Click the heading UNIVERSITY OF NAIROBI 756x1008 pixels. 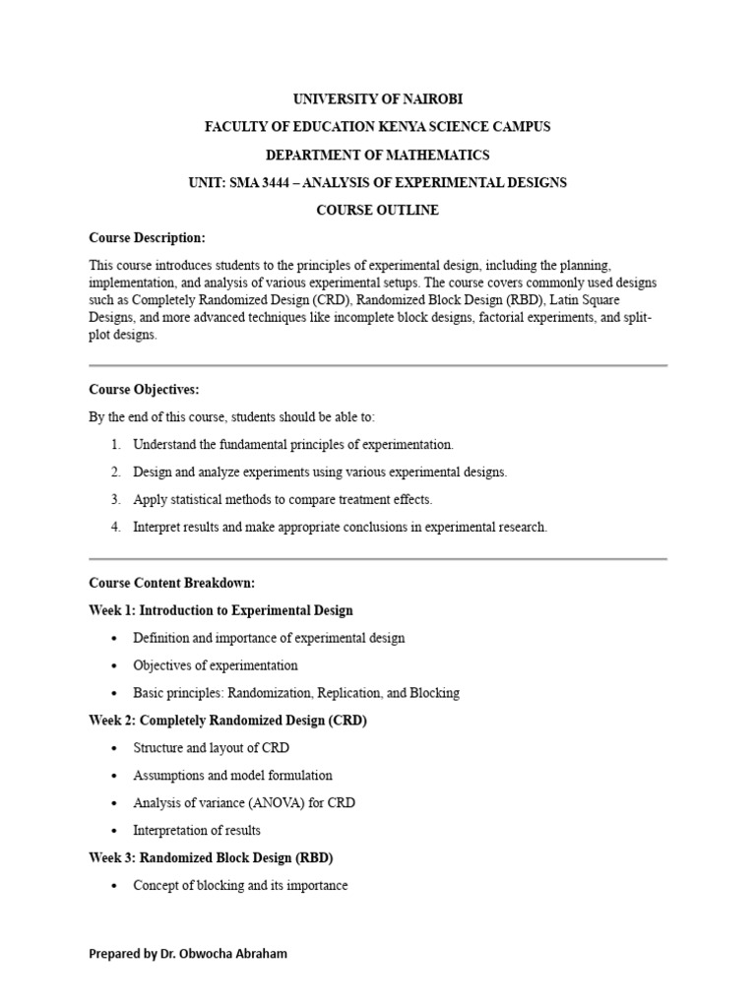click(x=377, y=99)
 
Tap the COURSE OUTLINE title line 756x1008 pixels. click(x=377, y=210)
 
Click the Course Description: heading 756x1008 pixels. click(x=147, y=237)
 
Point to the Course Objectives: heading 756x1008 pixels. click(x=144, y=390)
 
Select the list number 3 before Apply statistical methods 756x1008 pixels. click(x=115, y=499)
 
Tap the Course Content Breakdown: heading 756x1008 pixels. click(x=171, y=583)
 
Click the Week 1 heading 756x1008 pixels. click(x=220, y=610)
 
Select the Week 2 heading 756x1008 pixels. click(x=227, y=721)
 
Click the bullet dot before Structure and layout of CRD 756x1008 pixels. click(x=115, y=748)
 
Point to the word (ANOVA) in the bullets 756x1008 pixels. click(x=267, y=803)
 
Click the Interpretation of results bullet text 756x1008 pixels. click(x=197, y=831)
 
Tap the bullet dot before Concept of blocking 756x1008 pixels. click(x=115, y=886)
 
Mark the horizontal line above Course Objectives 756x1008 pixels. click(x=378, y=365)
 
